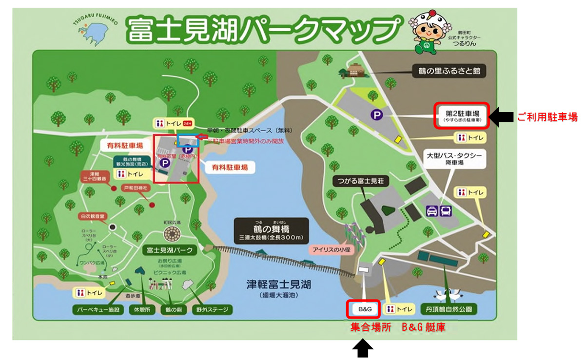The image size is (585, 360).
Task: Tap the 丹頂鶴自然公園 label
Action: (448, 309)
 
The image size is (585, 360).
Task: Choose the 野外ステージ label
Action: (212, 310)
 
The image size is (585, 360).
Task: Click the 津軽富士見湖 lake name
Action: (279, 284)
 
